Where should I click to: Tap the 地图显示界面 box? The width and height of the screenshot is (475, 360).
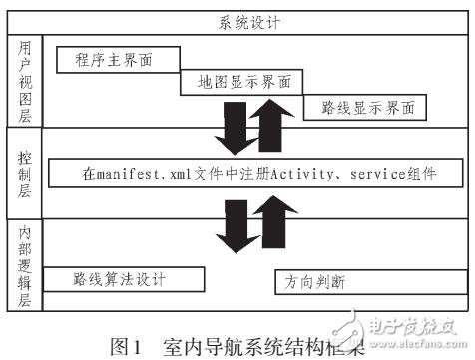(x=238, y=83)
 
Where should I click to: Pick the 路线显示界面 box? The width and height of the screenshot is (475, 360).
(x=360, y=107)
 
